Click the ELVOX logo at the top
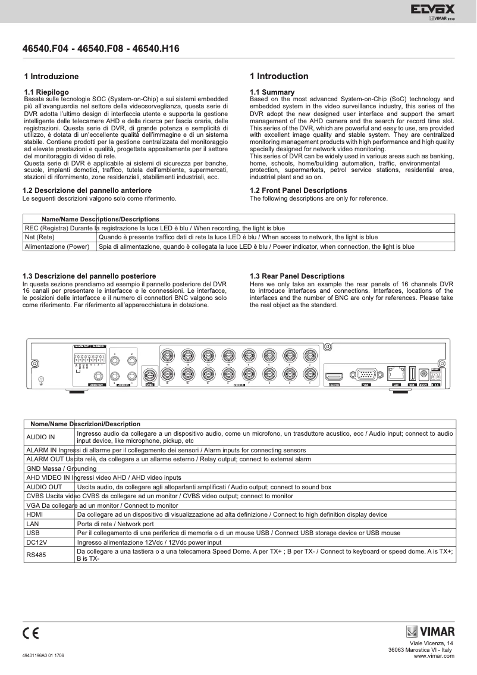click(432, 10)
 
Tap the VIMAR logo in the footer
click(430, 632)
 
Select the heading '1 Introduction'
click(279, 76)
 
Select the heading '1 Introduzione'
click(51, 77)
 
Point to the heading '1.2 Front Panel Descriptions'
click(298, 190)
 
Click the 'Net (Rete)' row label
click(40, 237)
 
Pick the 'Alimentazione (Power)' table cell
click(57, 246)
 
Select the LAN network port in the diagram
click(396, 374)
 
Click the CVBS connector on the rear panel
click(149, 375)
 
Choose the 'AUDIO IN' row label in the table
click(40, 437)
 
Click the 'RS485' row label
click(36, 555)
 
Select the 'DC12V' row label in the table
click(37, 542)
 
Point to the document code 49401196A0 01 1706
click(43, 655)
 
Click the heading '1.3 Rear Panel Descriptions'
click(297, 276)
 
